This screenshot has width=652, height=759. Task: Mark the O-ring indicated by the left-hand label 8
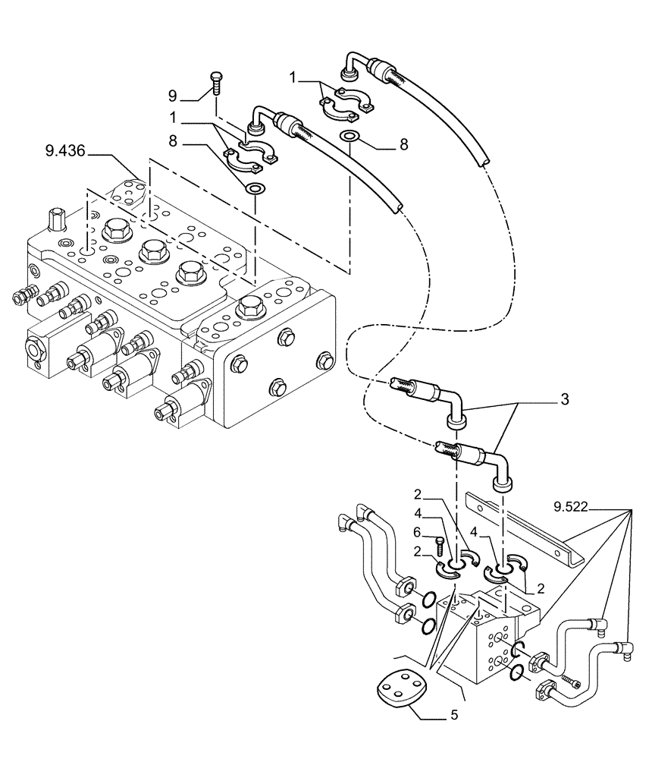pos(257,187)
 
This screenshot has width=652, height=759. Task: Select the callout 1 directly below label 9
pos(174,118)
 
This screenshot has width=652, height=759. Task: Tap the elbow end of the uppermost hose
pos(352,63)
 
